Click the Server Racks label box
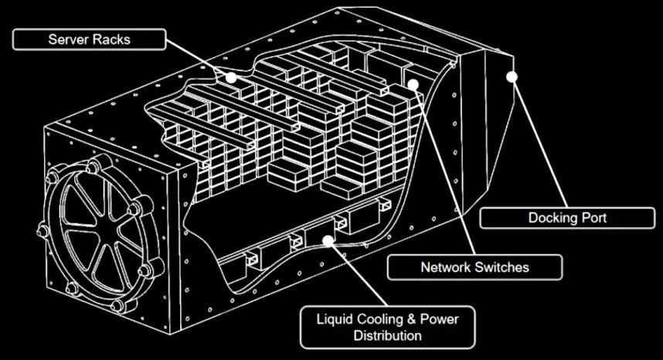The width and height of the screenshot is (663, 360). click(x=89, y=39)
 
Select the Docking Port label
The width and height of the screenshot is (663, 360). click(x=567, y=218)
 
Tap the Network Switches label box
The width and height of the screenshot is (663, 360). click(x=474, y=267)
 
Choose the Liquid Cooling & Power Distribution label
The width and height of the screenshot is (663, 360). click(x=387, y=328)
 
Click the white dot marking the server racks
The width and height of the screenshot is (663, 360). click(x=231, y=77)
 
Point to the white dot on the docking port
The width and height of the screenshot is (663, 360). click(x=512, y=77)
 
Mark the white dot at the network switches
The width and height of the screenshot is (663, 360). click(x=413, y=84)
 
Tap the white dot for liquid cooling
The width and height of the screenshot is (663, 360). click(x=328, y=241)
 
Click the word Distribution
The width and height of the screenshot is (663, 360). click(x=387, y=335)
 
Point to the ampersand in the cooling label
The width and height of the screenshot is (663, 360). click(x=412, y=319)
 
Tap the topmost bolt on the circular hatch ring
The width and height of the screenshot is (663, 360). click(x=93, y=166)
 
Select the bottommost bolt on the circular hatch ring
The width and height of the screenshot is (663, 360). click(x=117, y=305)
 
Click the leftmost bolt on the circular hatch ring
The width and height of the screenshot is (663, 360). click(x=42, y=231)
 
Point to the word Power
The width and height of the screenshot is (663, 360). click(x=440, y=319)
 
